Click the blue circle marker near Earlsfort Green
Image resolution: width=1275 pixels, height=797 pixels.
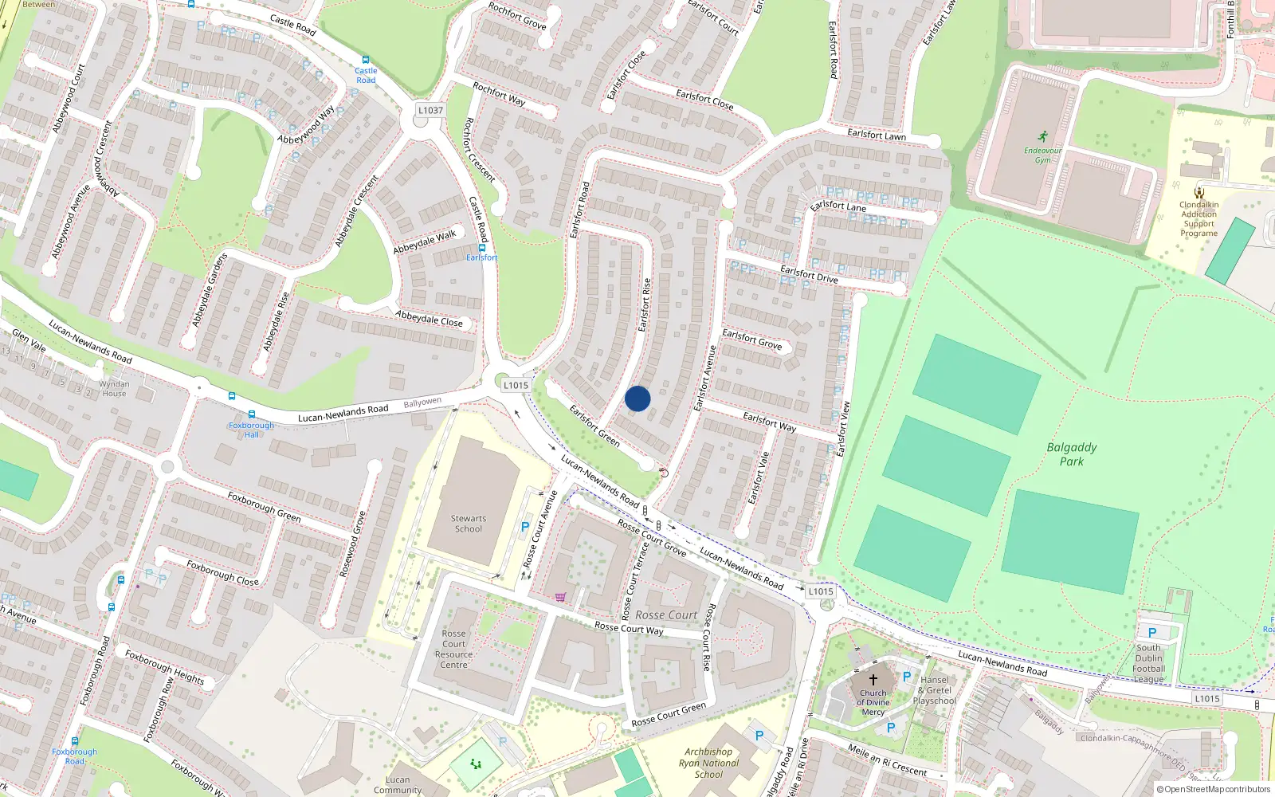[637, 398]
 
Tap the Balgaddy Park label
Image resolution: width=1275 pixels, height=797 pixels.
[1072, 454]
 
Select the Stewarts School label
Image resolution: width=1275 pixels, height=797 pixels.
[469, 524]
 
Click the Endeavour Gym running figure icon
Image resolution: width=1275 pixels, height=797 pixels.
[1043, 137]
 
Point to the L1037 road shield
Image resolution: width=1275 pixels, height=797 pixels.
[430, 111]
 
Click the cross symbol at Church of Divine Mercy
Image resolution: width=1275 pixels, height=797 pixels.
[873, 680]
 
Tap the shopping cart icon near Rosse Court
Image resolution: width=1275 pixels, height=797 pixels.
[561, 596]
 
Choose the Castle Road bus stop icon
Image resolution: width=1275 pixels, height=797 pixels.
[366, 60]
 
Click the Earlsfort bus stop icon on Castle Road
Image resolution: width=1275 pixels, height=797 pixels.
[481, 247]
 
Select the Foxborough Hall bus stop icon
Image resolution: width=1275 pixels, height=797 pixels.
[252, 414]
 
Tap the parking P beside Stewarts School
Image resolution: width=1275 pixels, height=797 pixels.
[525, 527]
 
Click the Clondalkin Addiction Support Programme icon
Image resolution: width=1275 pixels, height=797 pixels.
[1199, 192]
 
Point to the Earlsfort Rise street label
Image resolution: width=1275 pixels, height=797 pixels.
[645, 304]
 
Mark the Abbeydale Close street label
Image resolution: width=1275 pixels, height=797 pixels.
[429, 319]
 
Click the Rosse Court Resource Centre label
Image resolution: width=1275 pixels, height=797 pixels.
[454, 650]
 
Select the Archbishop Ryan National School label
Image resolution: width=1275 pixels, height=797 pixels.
[708, 763]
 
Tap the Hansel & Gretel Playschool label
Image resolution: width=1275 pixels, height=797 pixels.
[935, 690]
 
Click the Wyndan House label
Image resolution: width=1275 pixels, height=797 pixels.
[114, 388]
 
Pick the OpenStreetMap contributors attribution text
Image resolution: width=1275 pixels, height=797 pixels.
[1214, 790]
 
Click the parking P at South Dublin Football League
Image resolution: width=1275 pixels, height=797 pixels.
[1152, 633]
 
